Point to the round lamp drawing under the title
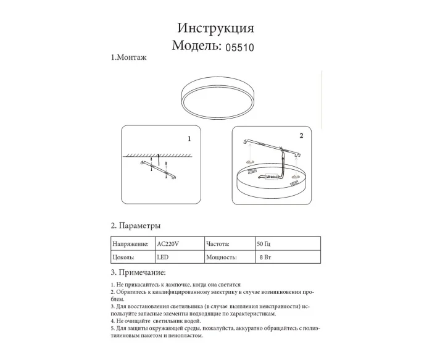[x=217, y=98]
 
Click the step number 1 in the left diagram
[x=189, y=139]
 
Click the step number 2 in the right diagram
[x=301, y=135]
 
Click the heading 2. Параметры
[x=136, y=225]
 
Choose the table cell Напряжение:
[x=131, y=244]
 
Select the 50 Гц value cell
[x=263, y=244]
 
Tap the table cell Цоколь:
[x=125, y=257]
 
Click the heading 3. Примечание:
[x=138, y=272]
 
